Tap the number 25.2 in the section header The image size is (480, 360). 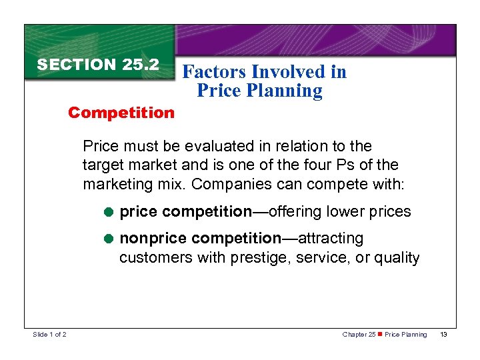tap(141, 65)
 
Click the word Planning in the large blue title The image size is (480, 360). tap(283, 91)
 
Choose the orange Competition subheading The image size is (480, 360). tap(121, 113)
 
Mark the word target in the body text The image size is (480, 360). tap(102, 164)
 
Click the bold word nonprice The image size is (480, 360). tap(149, 239)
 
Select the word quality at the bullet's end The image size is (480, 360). tap(397, 257)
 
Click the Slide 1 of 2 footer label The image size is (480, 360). tap(49, 334)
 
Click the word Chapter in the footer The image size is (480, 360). tap(354, 335)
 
